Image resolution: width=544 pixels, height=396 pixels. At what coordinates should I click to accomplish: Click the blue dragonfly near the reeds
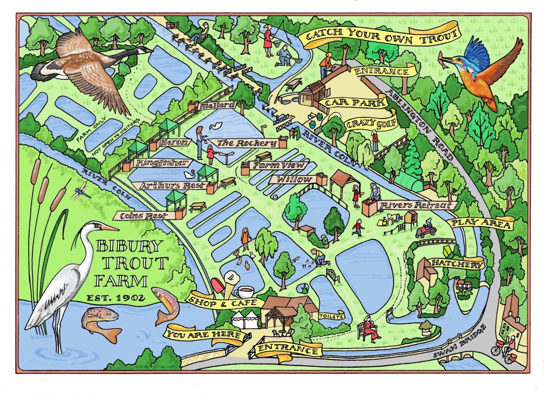(81, 189)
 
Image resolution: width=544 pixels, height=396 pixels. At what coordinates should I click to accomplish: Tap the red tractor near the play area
(426, 230)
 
